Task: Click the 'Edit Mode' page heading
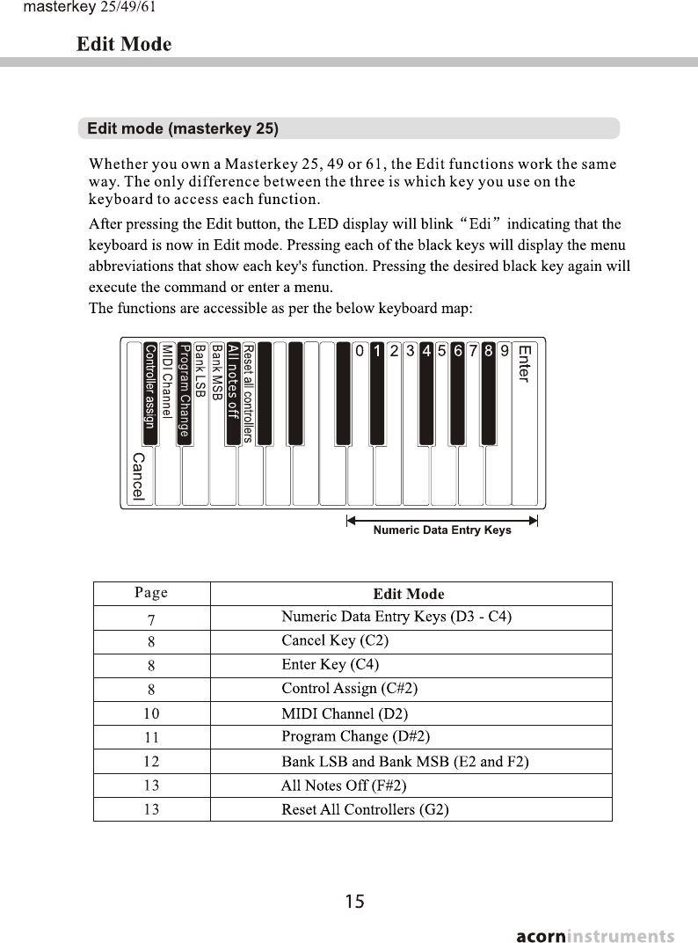click(x=124, y=44)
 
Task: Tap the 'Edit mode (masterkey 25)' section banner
click(x=183, y=128)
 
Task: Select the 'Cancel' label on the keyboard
click(x=138, y=477)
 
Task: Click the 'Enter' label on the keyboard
click(x=524, y=363)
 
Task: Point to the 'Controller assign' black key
click(x=150, y=392)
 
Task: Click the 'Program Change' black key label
click(x=185, y=391)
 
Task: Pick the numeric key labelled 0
click(x=360, y=351)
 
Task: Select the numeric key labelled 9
click(x=505, y=351)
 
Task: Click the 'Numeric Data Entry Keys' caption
click(x=442, y=530)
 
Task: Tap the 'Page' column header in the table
click(x=151, y=593)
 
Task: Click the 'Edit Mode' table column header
click(x=409, y=594)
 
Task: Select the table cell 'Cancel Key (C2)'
click(x=335, y=640)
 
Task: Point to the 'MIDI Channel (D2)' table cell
click(x=345, y=713)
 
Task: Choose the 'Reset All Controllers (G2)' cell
click(x=365, y=809)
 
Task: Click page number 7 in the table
click(x=151, y=618)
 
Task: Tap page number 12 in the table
click(x=151, y=761)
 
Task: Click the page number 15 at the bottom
click(x=354, y=901)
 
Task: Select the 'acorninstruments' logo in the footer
click(x=595, y=935)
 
